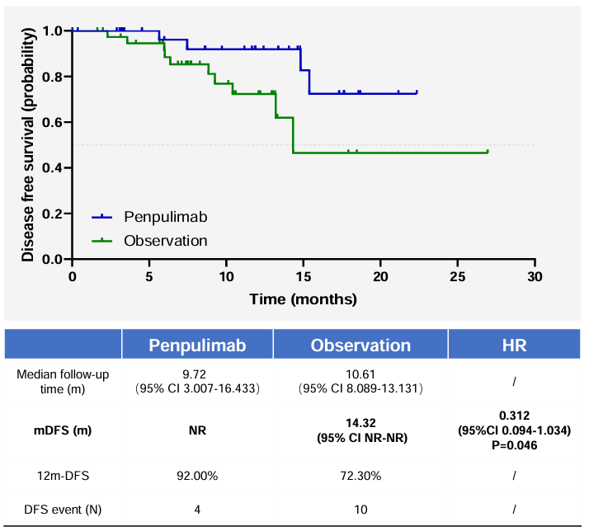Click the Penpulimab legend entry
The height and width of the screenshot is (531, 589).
coord(164,217)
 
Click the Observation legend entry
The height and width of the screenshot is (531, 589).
coord(165,241)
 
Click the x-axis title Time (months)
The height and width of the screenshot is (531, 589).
coord(304,298)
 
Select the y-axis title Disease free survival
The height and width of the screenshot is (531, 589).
coord(29,144)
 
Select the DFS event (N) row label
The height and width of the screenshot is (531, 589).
coord(63,510)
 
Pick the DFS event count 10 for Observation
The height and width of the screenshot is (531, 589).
coord(360,510)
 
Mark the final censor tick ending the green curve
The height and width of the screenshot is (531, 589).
coord(488,151)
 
